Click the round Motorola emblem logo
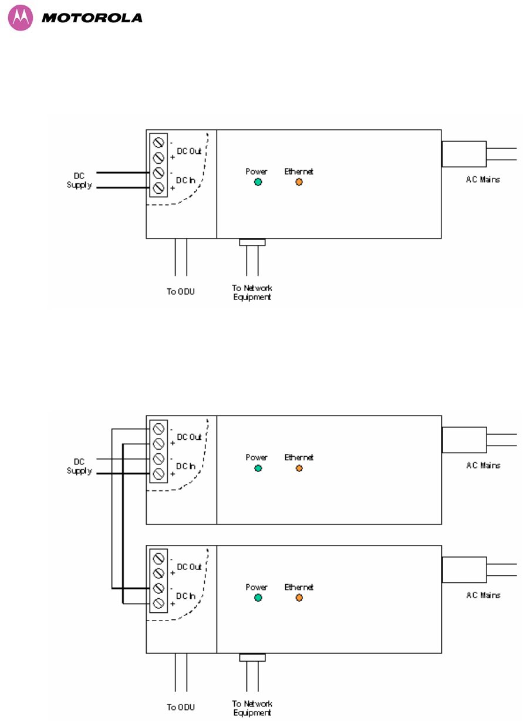[21, 18]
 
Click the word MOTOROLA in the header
[92, 18]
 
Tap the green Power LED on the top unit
[258, 182]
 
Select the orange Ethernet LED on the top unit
[299, 182]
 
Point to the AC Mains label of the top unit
[482, 179]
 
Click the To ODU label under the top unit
[181, 291]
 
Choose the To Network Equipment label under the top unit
[252, 292]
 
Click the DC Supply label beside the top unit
[79, 180]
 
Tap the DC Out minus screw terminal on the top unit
[158, 142]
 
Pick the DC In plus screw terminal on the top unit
[158, 188]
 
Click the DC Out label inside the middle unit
[189, 437]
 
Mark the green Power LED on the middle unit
[258, 468]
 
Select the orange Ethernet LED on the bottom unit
[299, 597]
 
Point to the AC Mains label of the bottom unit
[483, 595]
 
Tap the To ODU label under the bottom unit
[181, 707]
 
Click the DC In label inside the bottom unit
[185, 596]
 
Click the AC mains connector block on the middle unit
[464, 440]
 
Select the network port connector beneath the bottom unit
[252, 657]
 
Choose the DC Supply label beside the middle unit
[79, 466]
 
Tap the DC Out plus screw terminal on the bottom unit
[158, 573]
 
